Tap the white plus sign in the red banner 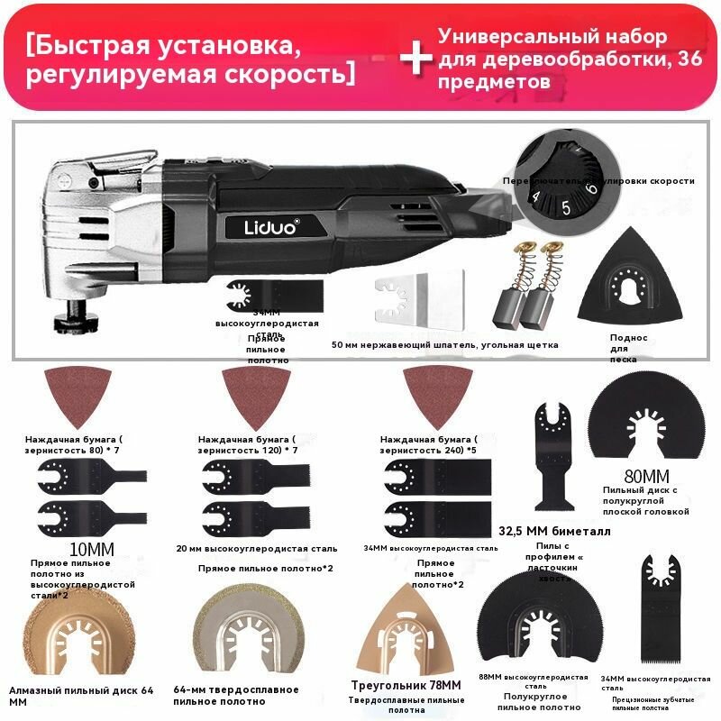(x=415, y=58)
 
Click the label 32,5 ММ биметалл (x=553, y=532)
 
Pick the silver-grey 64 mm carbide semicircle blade (x=242, y=636)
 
